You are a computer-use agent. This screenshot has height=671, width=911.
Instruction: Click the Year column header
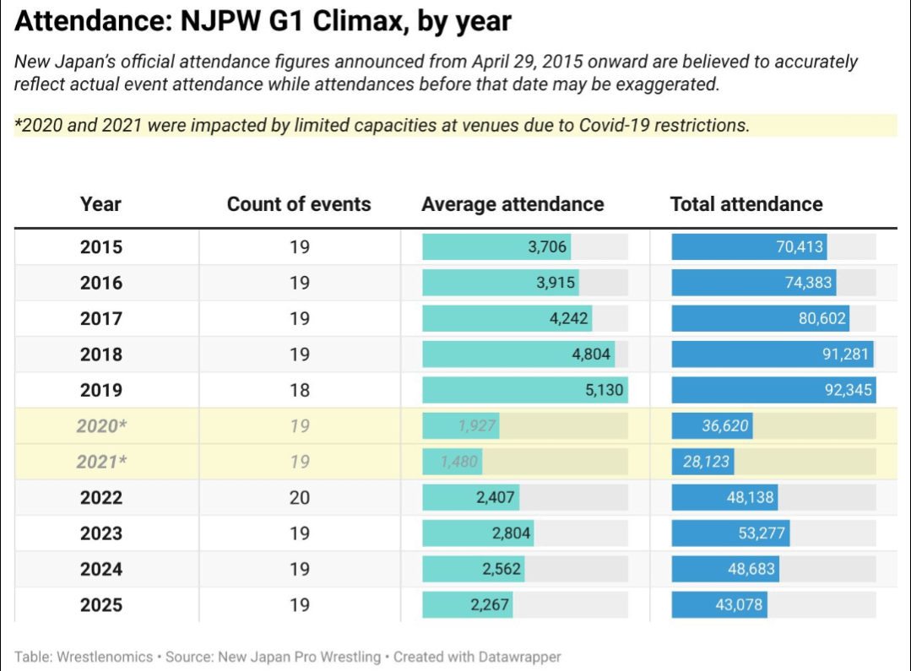[100, 204]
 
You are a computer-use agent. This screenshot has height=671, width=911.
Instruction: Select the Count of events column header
[299, 204]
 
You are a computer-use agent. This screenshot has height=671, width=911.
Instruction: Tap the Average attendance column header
[512, 204]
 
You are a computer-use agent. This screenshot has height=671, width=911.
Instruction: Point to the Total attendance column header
[746, 204]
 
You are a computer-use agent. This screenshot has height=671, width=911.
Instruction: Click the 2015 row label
[101, 247]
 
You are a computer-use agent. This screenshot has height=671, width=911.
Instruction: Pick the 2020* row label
[101, 426]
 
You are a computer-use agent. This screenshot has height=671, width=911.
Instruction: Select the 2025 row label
[101, 605]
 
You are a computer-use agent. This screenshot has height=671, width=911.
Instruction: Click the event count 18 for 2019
[300, 391]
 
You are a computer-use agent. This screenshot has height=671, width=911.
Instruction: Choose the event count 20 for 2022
[300, 498]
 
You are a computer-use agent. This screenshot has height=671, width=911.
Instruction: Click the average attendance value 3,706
[548, 247]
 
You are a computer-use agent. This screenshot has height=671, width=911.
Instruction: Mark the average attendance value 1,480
[459, 463]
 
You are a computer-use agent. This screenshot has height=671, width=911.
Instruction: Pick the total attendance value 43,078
[739, 605]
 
